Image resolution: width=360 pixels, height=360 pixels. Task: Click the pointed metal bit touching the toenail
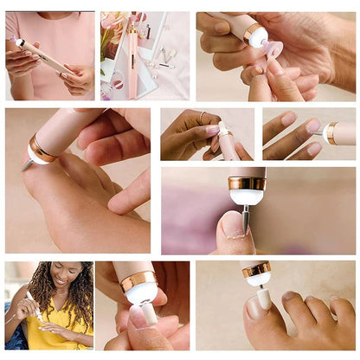pos(245,217)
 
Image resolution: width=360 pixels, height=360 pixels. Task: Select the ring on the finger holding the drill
pos(203,116)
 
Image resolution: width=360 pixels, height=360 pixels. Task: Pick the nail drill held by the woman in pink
pos(43,57)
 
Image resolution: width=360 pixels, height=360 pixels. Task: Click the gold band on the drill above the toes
pos(256,270)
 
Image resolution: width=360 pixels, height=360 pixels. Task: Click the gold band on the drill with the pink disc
pos(254,34)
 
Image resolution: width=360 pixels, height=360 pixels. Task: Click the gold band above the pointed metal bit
pos(247,183)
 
